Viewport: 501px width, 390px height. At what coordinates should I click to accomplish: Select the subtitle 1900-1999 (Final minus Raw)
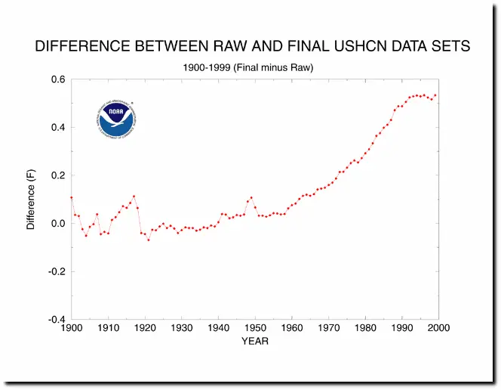click(x=248, y=67)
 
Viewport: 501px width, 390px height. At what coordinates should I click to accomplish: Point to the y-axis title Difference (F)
click(x=31, y=199)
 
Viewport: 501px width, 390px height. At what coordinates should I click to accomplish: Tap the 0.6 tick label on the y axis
click(x=57, y=79)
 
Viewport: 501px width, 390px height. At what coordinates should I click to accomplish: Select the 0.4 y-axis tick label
click(x=57, y=127)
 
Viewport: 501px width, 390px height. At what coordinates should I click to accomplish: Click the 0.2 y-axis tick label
click(x=57, y=175)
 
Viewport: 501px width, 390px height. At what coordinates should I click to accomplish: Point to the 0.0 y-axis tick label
click(x=57, y=224)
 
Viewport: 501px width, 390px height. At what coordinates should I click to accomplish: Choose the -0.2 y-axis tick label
click(x=55, y=271)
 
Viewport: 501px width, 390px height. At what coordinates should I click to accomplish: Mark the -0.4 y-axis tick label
click(x=55, y=320)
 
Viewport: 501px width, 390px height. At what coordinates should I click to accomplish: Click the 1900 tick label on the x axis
click(x=71, y=328)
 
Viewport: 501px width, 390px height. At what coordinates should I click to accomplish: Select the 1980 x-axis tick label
click(x=365, y=328)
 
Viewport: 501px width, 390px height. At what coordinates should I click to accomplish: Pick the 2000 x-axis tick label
click(x=438, y=328)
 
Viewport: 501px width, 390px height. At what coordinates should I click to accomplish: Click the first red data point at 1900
click(x=71, y=197)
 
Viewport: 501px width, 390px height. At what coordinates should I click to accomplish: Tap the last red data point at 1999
click(x=435, y=95)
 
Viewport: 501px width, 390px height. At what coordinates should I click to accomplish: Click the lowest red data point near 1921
click(x=149, y=240)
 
